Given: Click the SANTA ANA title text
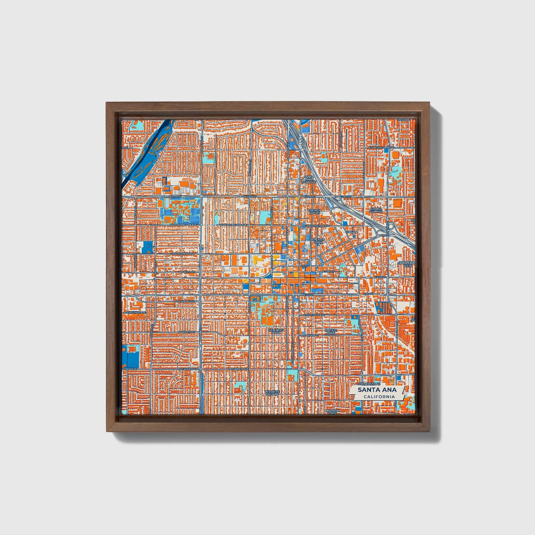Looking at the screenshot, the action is (377, 390).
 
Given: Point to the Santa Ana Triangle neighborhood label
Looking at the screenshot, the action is (308, 180).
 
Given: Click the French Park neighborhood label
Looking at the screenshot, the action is (318, 241).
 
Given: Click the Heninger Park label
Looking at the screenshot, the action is (276, 331).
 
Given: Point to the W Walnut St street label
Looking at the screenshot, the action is (186, 301).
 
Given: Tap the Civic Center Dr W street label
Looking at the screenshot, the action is (183, 254).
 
